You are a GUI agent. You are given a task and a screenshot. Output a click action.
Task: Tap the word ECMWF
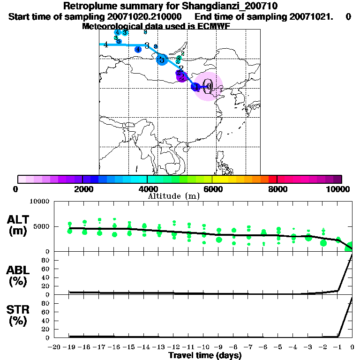(214, 26)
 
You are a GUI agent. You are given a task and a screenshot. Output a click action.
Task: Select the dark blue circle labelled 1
(195, 86)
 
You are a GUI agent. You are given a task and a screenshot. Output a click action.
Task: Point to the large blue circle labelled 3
(162, 60)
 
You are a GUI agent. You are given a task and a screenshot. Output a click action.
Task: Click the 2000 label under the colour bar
(82, 189)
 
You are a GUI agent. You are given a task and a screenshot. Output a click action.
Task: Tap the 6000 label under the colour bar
(212, 189)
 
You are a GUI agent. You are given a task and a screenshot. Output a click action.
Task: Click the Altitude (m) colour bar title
(174, 196)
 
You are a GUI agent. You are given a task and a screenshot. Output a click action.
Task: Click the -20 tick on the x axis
(54, 346)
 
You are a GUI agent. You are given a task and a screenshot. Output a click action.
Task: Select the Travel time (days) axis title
(205, 355)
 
